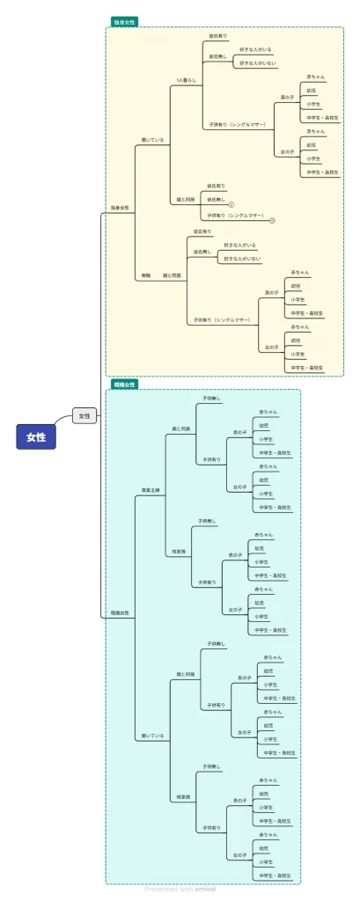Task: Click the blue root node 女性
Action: coord(36,436)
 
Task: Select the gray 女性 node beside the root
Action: coord(84,415)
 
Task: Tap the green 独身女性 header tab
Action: coord(124,22)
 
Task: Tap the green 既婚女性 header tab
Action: coord(124,385)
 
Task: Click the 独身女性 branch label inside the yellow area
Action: coord(120,208)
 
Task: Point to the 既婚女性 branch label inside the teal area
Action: coord(120,612)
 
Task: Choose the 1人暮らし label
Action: coord(186,80)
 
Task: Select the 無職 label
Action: coord(146,275)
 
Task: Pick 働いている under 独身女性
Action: coord(153,139)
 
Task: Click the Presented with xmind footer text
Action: coord(180,889)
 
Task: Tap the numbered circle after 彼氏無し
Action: coord(231,204)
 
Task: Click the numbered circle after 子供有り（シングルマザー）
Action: coord(272,219)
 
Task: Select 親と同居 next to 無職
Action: coord(172,275)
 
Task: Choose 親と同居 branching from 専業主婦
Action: coord(181,429)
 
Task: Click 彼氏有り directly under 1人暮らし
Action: coord(217,36)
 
